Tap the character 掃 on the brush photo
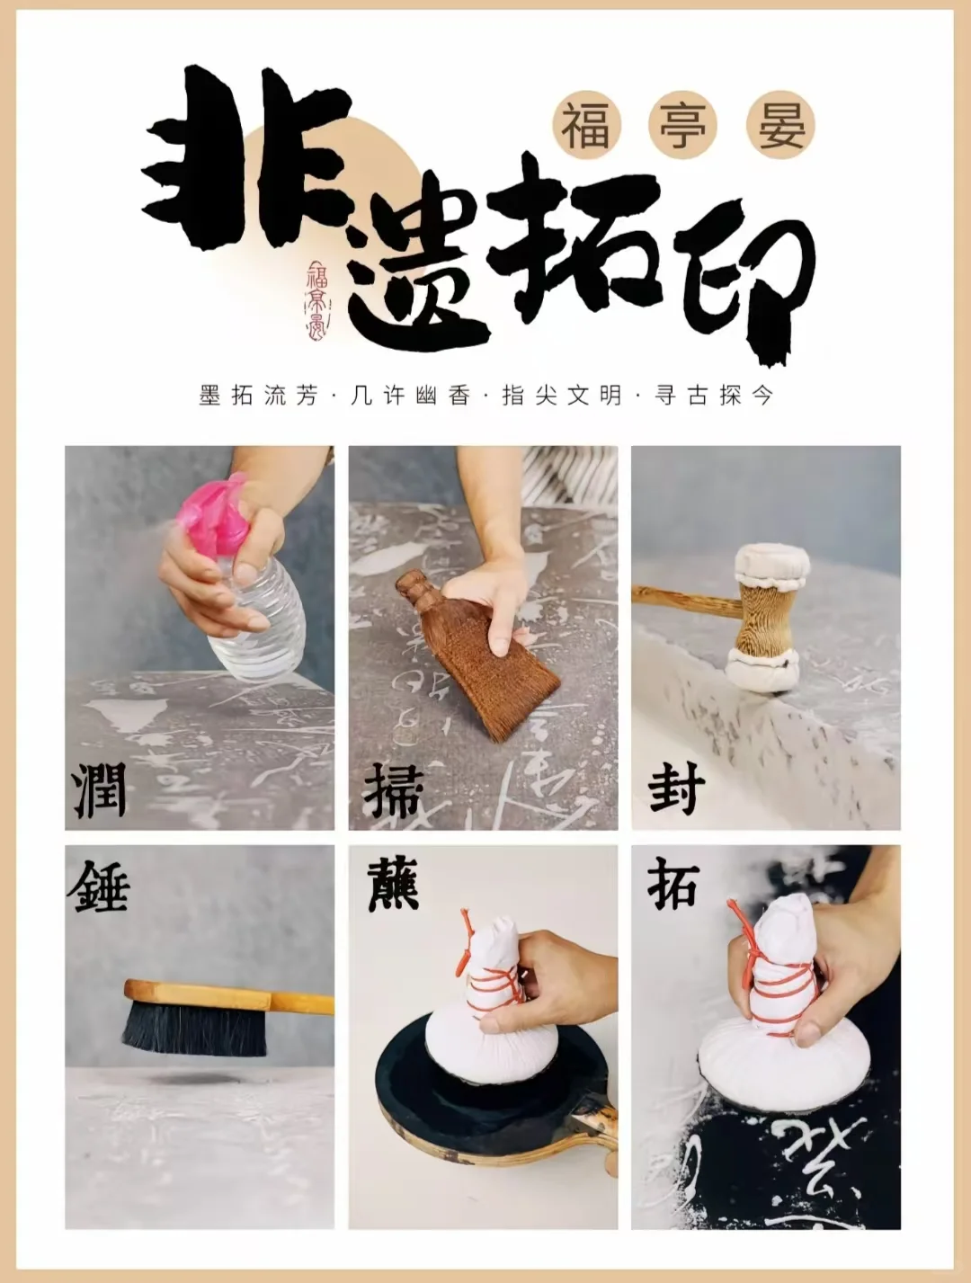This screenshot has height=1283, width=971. tap(393, 791)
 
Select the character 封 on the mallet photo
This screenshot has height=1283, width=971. tap(676, 789)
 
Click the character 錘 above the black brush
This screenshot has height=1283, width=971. tap(99, 886)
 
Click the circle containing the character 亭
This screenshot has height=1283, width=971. tap(682, 125)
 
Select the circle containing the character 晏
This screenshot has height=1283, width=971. tap(779, 125)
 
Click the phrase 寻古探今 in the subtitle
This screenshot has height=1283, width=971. tap(714, 395)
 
